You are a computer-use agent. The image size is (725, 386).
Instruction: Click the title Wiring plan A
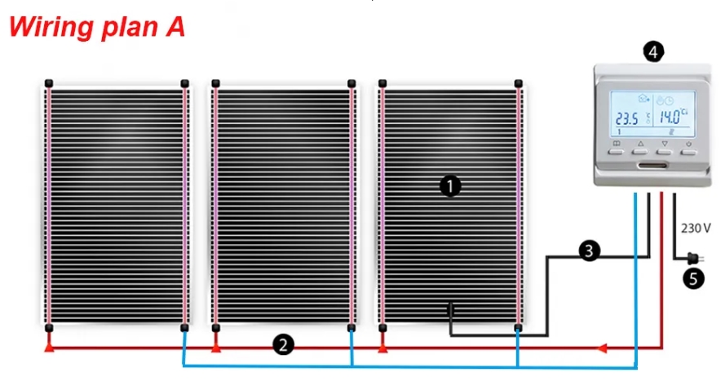(97, 27)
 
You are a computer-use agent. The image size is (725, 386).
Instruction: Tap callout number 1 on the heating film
(450, 186)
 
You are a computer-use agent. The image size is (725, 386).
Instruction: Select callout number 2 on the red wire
(283, 345)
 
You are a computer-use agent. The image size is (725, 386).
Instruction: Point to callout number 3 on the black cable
(589, 251)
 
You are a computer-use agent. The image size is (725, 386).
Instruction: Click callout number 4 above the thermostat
(653, 52)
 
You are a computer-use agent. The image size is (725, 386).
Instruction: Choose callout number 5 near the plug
(693, 278)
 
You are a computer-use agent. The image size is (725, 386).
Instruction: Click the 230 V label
(696, 228)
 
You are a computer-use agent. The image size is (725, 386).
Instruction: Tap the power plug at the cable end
(695, 258)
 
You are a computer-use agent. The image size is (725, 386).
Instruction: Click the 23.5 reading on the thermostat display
(627, 119)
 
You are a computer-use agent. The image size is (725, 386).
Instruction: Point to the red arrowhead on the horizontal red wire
(601, 348)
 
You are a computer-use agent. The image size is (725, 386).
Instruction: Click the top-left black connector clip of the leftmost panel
(49, 83)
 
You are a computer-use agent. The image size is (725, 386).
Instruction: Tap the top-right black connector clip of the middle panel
(351, 83)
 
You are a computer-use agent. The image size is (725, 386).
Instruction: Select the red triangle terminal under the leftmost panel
(49, 347)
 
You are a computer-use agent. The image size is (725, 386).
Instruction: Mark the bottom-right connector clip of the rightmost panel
(518, 328)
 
